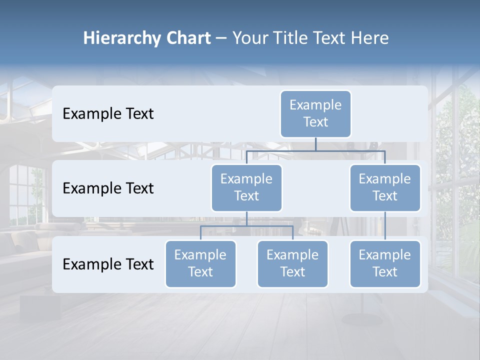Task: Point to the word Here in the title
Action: click(369, 38)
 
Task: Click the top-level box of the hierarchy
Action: click(315, 113)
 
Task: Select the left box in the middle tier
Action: click(246, 187)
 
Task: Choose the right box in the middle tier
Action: click(385, 187)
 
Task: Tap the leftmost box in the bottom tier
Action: click(200, 263)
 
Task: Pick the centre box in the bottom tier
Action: click(292, 263)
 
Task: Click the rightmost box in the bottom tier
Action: click(385, 263)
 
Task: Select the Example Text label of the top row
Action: click(108, 114)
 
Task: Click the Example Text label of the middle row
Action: click(108, 188)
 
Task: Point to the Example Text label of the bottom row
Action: click(108, 264)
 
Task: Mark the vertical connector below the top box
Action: click(315, 144)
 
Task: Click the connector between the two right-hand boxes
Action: click(385, 226)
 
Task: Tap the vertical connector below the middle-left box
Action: click(246, 218)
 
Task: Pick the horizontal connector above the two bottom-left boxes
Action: click(246, 226)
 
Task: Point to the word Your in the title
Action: click(249, 38)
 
